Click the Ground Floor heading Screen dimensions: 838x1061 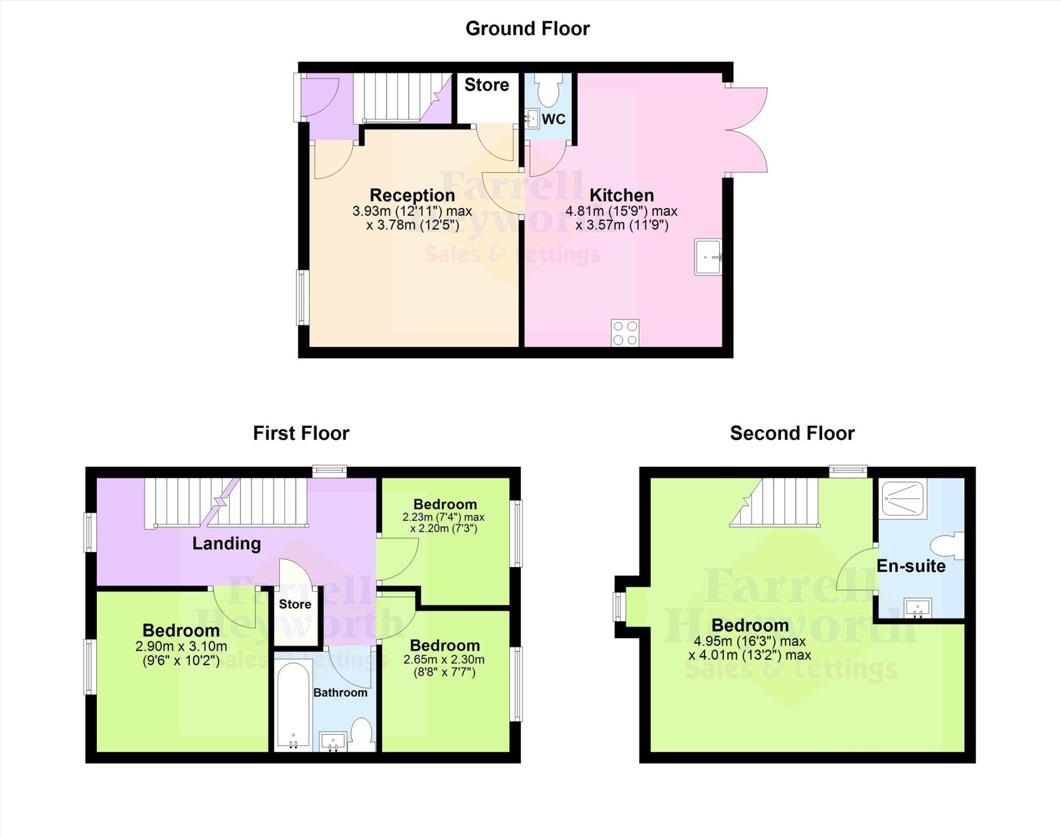click(x=527, y=28)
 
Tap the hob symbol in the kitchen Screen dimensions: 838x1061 click(x=625, y=333)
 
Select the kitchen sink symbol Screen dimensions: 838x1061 click(x=708, y=257)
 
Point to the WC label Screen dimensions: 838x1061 click(x=553, y=119)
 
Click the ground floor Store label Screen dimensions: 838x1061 click(x=486, y=85)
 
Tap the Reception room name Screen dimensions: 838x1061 click(x=412, y=195)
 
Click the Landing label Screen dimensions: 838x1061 click(x=226, y=543)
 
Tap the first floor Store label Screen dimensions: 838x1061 click(x=295, y=604)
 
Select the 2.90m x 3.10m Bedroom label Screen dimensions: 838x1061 click(x=181, y=630)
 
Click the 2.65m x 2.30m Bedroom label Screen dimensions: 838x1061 click(x=445, y=645)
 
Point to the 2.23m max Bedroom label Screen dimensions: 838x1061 click(x=445, y=504)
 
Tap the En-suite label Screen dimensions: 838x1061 click(x=911, y=566)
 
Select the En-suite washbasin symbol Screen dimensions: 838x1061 click(x=917, y=608)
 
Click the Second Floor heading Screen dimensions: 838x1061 click(x=792, y=433)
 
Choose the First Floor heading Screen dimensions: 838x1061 click(x=301, y=433)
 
